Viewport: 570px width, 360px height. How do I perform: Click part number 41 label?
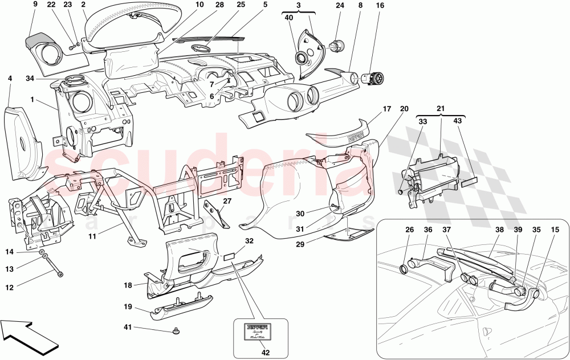coord(128,328)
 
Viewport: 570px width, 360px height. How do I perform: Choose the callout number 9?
coord(34,5)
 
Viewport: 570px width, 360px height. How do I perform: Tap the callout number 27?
coord(227,201)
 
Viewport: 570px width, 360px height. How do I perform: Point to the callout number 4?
coord(10,79)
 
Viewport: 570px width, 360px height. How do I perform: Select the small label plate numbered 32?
coord(231,257)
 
